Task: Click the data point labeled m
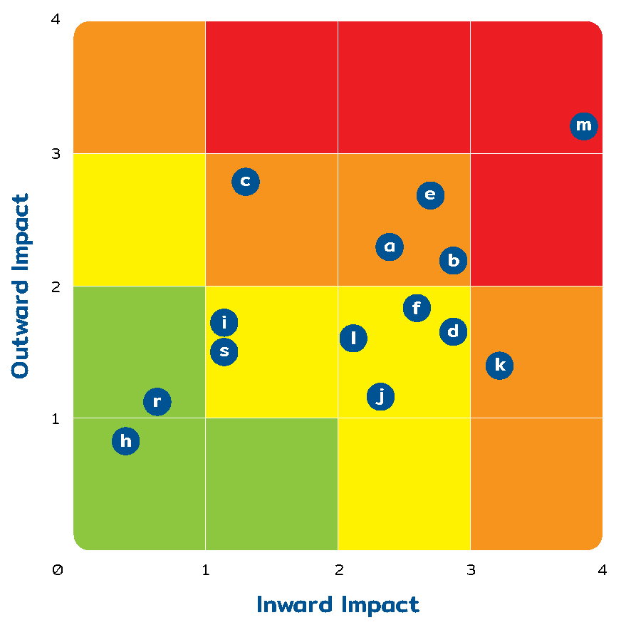click(583, 126)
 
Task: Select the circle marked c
click(246, 182)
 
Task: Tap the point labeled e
click(430, 195)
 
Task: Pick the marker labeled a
click(390, 247)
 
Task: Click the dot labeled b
click(454, 261)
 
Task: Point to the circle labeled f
click(417, 308)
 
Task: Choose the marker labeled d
click(454, 331)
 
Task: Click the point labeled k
click(500, 366)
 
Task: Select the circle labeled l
click(353, 339)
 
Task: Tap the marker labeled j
click(381, 396)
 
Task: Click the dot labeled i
click(224, 323)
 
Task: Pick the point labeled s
click(224, 351)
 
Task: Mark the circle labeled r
click(157, 402)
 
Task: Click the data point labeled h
click(126, 441)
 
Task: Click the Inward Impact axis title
click(338, 605)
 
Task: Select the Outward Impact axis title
click(21, 286)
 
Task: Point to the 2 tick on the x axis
click(339, 570)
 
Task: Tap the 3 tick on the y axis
click(56, 154)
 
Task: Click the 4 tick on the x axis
click(602, 570)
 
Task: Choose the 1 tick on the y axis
click(56, 418)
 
